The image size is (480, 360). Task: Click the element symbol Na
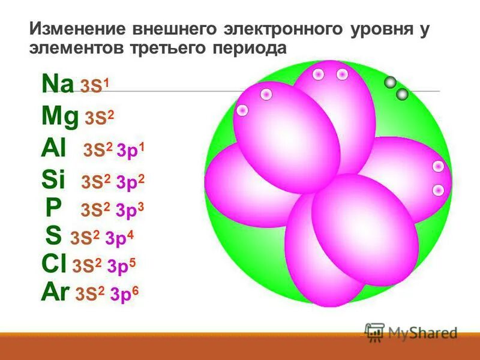click(x=58, y=84)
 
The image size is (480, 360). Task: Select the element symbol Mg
click(x=60, y=117)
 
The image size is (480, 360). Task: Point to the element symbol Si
click(x=53, y=179)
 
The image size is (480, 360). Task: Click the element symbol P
click(x=53, y=208)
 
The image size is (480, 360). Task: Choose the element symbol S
click(x=53, y=236)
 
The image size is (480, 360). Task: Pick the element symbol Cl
click(x=54, y=264)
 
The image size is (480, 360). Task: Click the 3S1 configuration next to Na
click(x=95, y=86)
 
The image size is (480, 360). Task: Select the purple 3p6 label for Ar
click(x=124, y=294)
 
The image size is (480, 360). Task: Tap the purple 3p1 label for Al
click(x=130, y=151)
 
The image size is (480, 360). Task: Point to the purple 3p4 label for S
click(x=119, y=238)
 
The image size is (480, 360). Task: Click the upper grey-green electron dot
click(x=390, y=83)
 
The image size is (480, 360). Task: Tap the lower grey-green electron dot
click(x=402, y=94)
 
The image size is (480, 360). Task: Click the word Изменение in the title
click(x=76, y=29)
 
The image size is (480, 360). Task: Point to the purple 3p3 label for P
click(x=130, y=209)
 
